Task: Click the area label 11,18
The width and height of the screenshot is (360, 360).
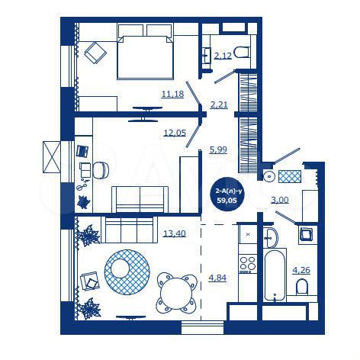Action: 172,94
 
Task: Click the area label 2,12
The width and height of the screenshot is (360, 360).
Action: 223,56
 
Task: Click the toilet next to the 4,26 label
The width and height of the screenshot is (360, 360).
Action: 303,286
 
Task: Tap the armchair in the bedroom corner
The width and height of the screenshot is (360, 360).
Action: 97,53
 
